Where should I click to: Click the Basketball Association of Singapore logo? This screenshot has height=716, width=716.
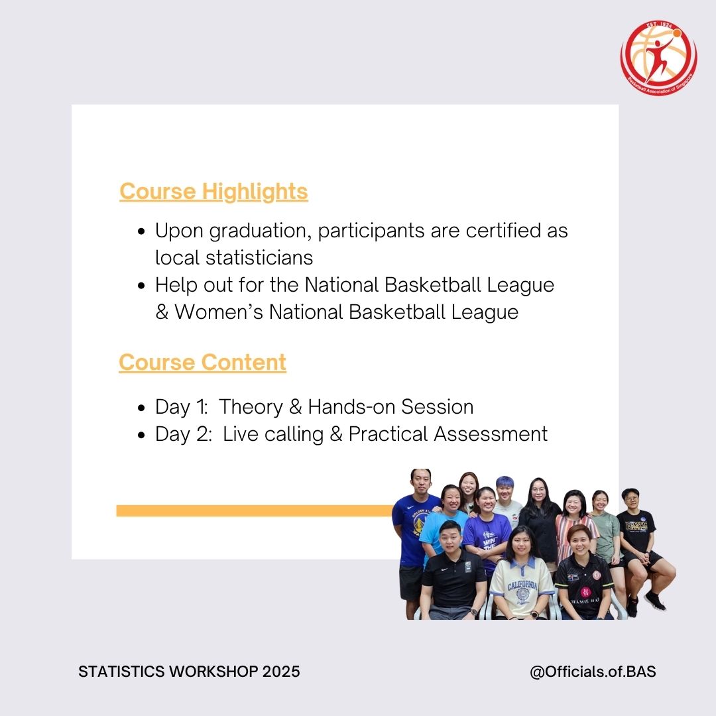[x=658, y=58]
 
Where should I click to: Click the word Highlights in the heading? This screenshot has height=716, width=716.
[x=255, y=192]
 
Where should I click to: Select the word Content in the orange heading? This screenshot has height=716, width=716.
[x=244, y=363]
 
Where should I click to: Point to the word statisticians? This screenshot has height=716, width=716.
[x=259, y=257]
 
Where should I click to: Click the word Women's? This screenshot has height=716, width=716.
[x=219, y=312]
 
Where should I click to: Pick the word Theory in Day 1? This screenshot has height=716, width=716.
[x=251, y=407]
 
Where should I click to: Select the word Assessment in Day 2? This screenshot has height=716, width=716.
[x=491, y=434]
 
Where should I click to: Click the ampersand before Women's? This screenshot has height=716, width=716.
[x=162, y=312]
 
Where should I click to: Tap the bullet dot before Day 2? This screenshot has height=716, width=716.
[x=142, y=435]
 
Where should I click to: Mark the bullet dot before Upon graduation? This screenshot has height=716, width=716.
[x=142, y=231]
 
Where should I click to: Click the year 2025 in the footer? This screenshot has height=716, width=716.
[x=281, y=672]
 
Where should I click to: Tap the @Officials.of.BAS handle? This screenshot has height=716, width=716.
[x=593, y=672]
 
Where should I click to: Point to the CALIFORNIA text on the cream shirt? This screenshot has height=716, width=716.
[x=522, y=585]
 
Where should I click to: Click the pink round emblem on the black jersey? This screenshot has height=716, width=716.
[x=585, y=592]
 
